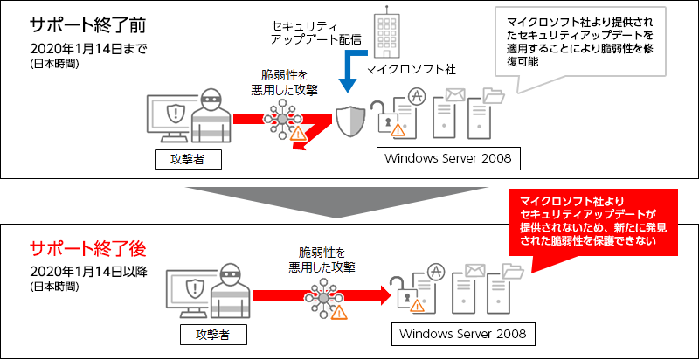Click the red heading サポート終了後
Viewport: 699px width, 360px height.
tap(75, 247)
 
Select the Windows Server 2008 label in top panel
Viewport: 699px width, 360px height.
tap(449, 159)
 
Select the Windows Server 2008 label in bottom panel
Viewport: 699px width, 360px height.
tap(462, 335)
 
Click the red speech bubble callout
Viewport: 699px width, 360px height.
tap(594, 222)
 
